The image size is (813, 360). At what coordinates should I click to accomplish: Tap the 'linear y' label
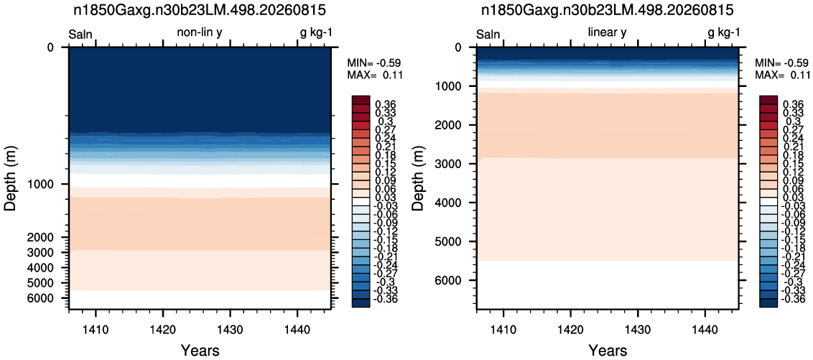click(x=608, y=33)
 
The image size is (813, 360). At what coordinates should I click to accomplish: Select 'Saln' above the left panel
click(x=80, y=34)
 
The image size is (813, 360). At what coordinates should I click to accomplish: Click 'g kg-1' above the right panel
click(x=724, y=34)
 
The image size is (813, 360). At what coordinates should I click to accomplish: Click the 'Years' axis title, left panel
click(x=200, y=350)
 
